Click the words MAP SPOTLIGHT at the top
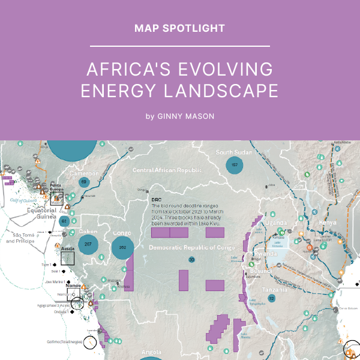tap(179, 28)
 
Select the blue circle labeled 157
tap(235, 165)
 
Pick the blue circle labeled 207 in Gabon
tap(88, 244)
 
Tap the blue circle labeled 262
tap(123, 247)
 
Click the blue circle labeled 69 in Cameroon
tap(84, 182)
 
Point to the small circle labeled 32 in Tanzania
tap(271, 298)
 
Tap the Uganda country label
tap(277, 223)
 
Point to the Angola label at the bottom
tap(151, 352)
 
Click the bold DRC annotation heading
tap(157, 199)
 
